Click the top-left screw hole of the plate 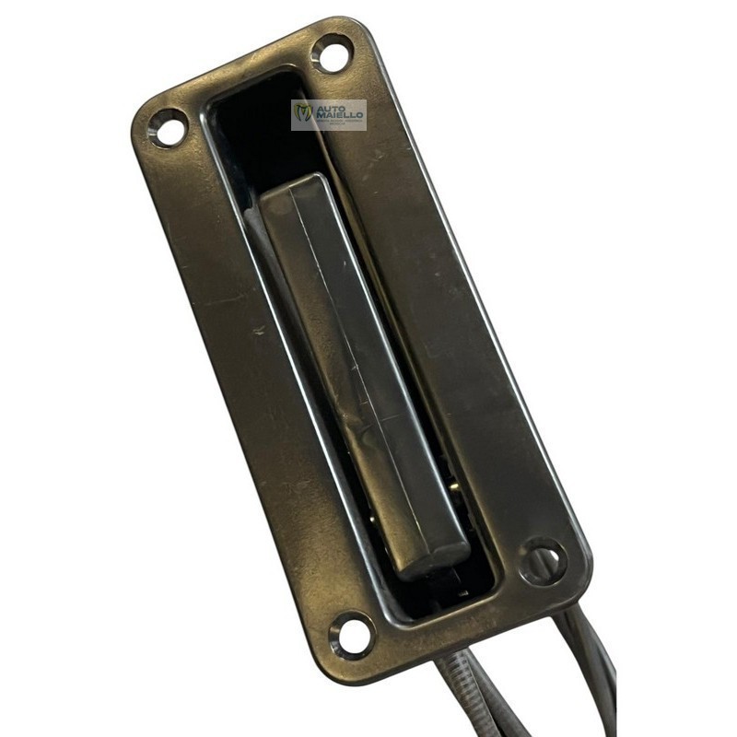(x=168, y=127)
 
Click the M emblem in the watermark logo (x=303, y=114)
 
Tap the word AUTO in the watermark (x=329, y=109)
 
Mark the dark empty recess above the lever (x=258, y=129)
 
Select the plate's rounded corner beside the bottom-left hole (x=333, y=665)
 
